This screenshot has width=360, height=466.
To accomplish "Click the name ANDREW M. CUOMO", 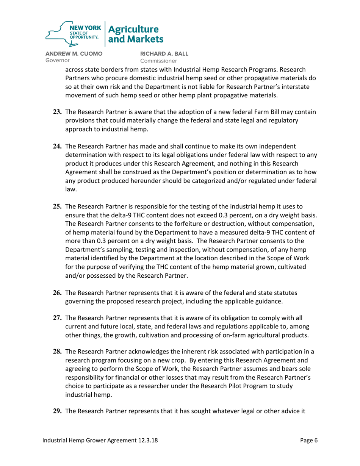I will [74, 54].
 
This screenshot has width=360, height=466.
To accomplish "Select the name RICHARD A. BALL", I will [163, 54].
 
